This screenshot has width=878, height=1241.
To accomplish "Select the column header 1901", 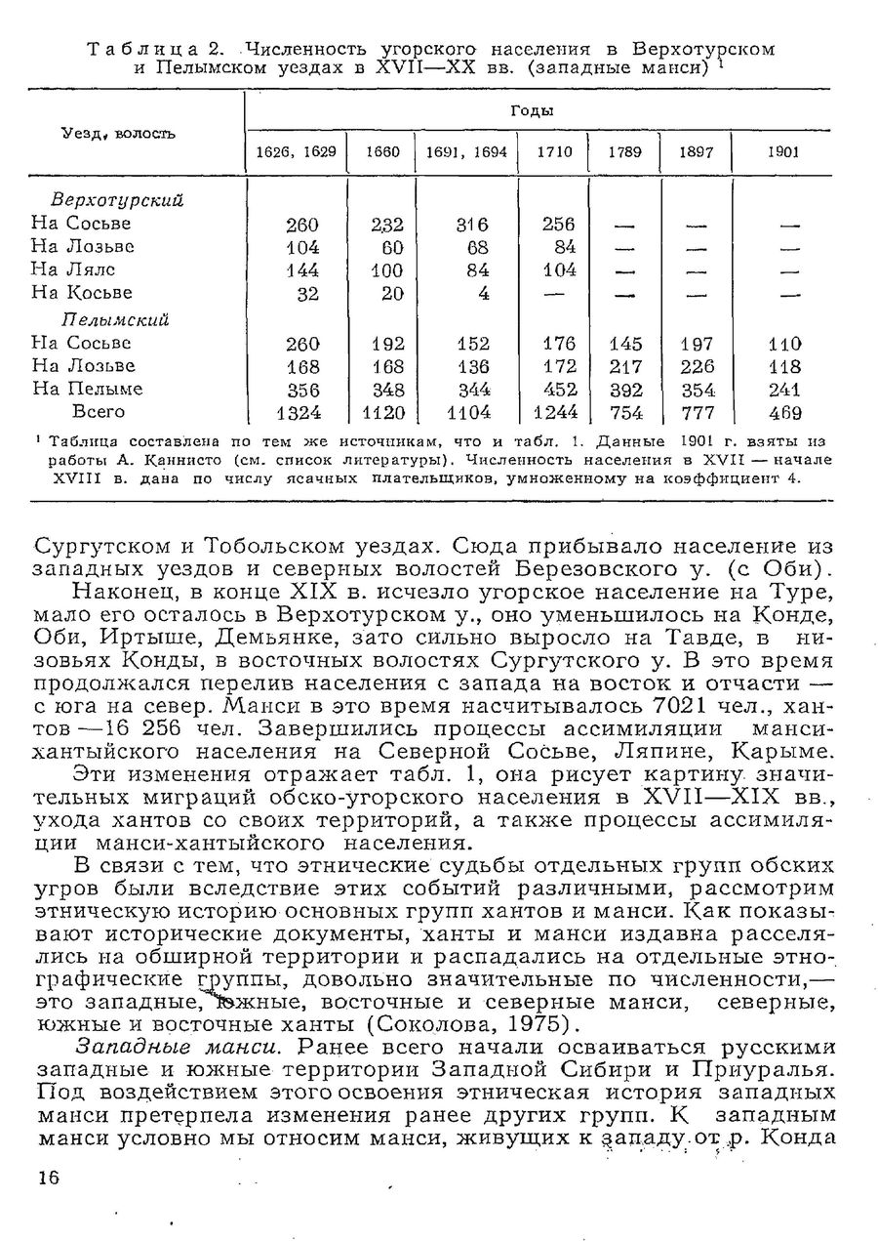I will click(783, 153).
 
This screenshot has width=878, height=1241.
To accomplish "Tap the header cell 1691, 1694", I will click(465, 153).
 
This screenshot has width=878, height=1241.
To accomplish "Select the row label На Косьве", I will click(82, 293).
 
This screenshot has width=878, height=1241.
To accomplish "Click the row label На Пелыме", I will click(87, 389).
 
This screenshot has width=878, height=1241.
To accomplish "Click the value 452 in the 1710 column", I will click(558, 389).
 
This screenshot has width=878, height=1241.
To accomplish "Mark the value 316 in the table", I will click(463, 224).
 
